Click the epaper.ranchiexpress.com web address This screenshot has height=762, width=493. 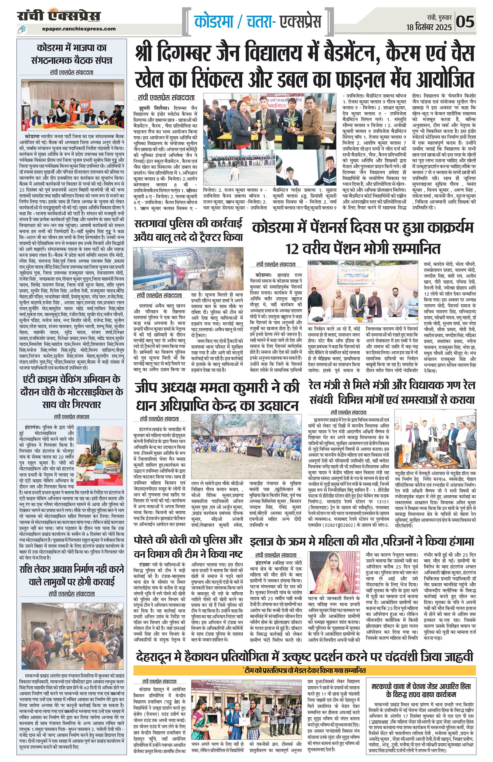click(79, 29)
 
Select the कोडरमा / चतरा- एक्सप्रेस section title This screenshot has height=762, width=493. click(257, 22)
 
